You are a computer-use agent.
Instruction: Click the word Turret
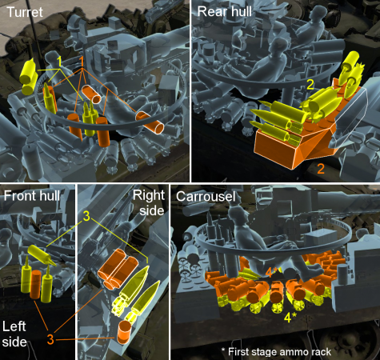[x=25, y=12]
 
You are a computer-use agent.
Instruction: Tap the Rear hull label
[x=225, y=11]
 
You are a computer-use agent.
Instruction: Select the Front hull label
[x=31, y=196]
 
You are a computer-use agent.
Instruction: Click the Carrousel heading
[x=206, y=197]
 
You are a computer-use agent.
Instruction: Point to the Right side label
[x=150, y=202]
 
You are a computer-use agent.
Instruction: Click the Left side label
[x=14, y=334]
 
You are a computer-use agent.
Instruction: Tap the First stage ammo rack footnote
[x=276, y=352]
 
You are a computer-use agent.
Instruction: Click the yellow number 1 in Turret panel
[x=59, y=62]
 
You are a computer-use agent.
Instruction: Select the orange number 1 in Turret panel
[x=82, y=62]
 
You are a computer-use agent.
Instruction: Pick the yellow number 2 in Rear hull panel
[x=310, y=85]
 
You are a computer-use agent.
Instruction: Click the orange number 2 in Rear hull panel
[x=321, y=169]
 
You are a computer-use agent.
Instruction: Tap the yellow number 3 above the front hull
[x=86, y=216]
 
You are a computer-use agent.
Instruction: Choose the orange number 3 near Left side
[x=50, y=339]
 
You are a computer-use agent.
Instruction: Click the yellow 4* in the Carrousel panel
[x=290, y=318]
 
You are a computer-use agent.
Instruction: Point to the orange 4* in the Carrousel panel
[x=271, y=273]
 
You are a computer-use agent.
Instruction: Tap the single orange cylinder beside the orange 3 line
[x=124, y=332]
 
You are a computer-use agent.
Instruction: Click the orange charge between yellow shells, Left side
[x=35, y=284]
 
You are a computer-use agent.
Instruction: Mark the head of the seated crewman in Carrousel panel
[x=238, y=215]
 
